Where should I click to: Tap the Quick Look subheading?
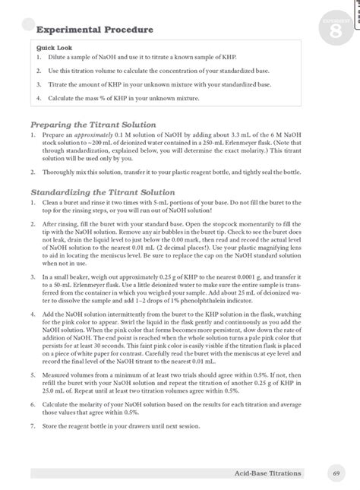click(47, 47)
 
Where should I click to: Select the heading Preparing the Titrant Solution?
click(93, 124)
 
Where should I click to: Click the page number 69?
click(335, 473)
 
